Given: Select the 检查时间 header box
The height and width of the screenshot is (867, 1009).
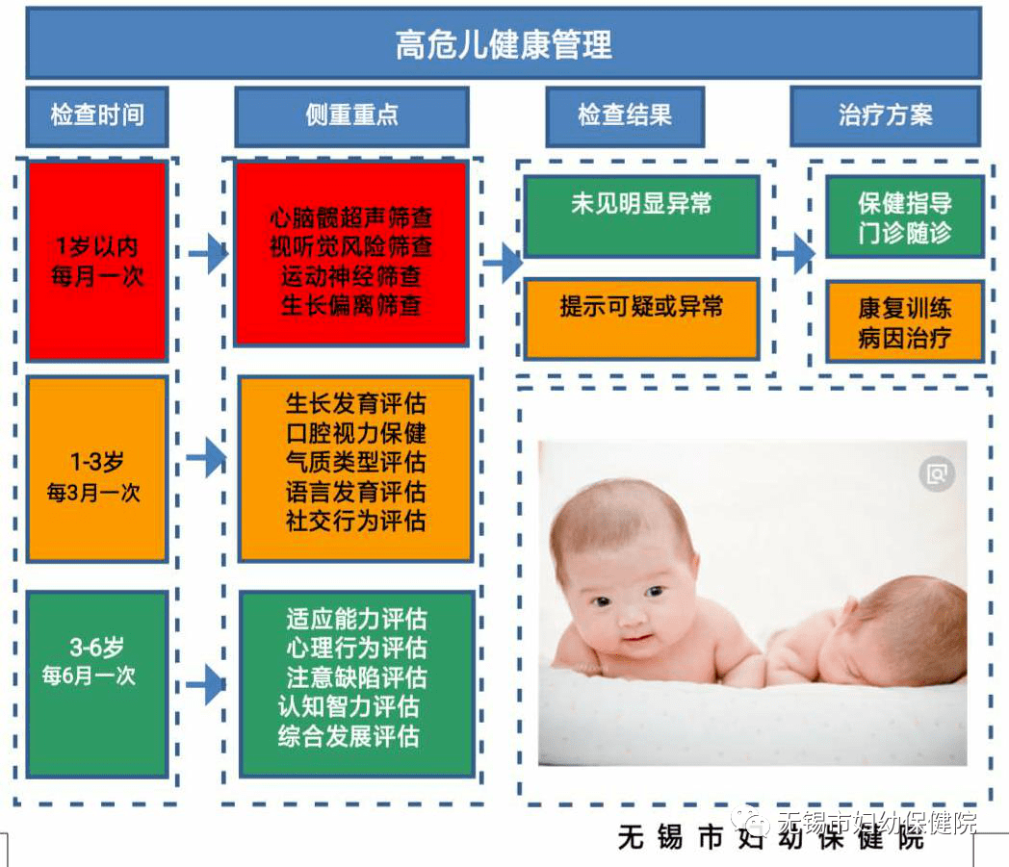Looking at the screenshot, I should coord(97,116).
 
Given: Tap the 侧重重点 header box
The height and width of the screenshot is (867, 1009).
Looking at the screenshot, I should coord(351,116).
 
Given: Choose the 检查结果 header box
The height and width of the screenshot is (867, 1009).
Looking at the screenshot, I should coord(624,116).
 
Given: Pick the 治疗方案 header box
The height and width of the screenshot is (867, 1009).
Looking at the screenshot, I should coord(885,116).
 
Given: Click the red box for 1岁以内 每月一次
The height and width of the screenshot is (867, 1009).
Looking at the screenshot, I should coord(97,261).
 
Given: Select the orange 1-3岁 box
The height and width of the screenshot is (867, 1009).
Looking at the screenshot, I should coord(97,469).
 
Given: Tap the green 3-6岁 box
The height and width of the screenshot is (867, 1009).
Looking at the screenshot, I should coord(97,683).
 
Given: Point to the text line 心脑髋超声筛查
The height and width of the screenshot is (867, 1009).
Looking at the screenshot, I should coord(351,218).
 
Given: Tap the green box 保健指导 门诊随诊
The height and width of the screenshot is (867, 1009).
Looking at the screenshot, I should coord(905,217).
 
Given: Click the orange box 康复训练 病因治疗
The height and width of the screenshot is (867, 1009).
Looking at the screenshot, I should coord(905,321).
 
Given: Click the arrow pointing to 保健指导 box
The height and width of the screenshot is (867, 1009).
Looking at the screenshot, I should coord(795,254).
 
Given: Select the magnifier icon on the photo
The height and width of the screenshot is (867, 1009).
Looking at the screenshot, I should coord(936,472).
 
